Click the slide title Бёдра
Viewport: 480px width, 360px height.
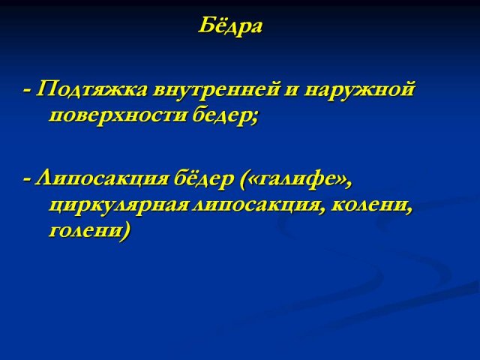click(230, 26)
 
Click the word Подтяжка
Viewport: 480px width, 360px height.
click(91, 90)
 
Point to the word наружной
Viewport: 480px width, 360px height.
click(359, 91)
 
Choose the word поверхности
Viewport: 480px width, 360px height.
click(118, 117)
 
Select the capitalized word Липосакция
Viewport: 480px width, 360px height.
click(102, 178)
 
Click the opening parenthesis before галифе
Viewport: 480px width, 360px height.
click(243, 179)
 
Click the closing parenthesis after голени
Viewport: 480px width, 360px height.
click(126, 232)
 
